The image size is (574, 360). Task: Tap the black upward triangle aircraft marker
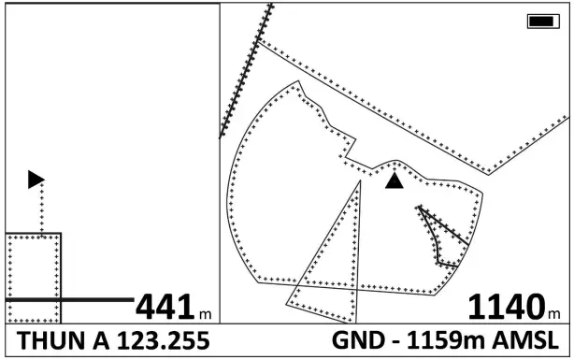click(x=395, y=180)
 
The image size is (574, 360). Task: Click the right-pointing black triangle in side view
click(x=36, y=179)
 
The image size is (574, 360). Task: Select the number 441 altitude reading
click(x=165, y=307)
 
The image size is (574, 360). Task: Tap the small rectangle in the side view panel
click(x=34, y=277)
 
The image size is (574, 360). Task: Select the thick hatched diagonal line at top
click(x=246, y=71)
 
